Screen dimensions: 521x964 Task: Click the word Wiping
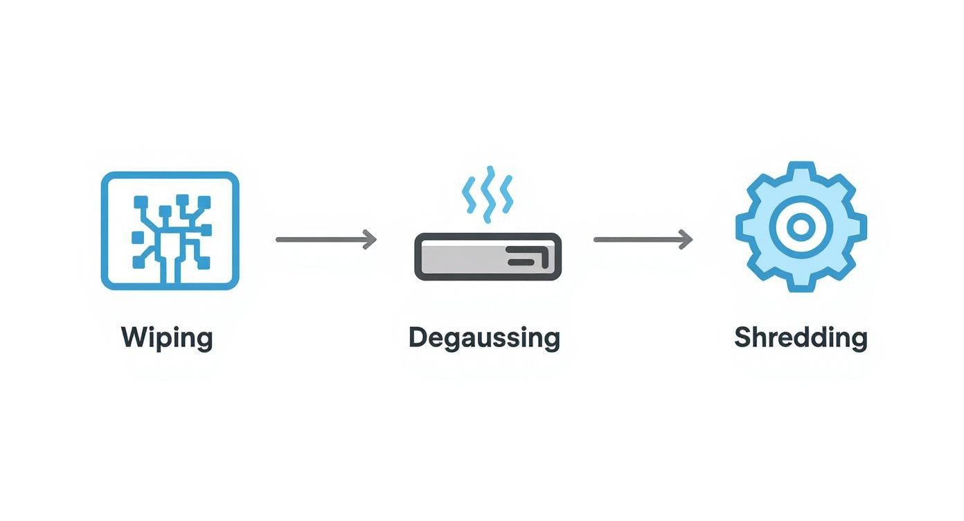coord(167,338)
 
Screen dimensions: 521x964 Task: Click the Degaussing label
coord(484,338)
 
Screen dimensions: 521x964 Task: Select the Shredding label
coord(801,338)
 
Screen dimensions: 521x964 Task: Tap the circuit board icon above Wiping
coord(170,230)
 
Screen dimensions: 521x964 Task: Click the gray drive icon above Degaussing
coord(488,257)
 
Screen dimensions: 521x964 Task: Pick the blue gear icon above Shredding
coord(801,227)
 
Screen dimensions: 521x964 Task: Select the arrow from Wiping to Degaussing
coord(325,240)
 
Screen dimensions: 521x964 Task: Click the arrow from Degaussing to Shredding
coord(643,240)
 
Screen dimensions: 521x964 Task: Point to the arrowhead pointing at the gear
coord(686,240)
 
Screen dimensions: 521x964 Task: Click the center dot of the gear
coord(801,227)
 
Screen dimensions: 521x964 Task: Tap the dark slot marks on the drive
coord(528,257)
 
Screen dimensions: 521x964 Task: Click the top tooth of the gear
coord(801,171)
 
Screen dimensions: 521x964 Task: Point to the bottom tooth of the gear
coord(801,283)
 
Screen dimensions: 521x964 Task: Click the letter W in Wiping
coord(134,338)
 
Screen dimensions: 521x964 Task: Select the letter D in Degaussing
coord(417,338)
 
